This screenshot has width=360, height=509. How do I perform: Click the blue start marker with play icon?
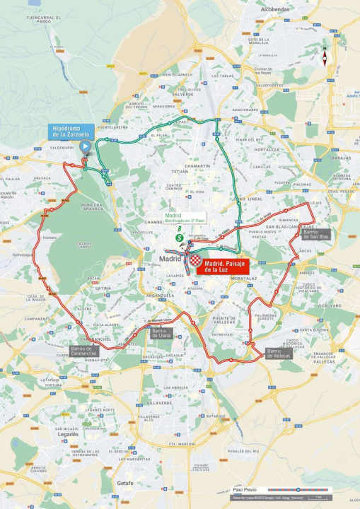(86, 147)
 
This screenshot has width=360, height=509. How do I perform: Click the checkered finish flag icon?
(192, 260)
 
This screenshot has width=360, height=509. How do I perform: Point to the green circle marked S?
(180, 239)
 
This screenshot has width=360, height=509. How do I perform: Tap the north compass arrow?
(324, 57)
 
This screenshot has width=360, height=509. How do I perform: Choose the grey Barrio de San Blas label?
(315, 234)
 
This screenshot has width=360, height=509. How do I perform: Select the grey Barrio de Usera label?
(161, 332)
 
